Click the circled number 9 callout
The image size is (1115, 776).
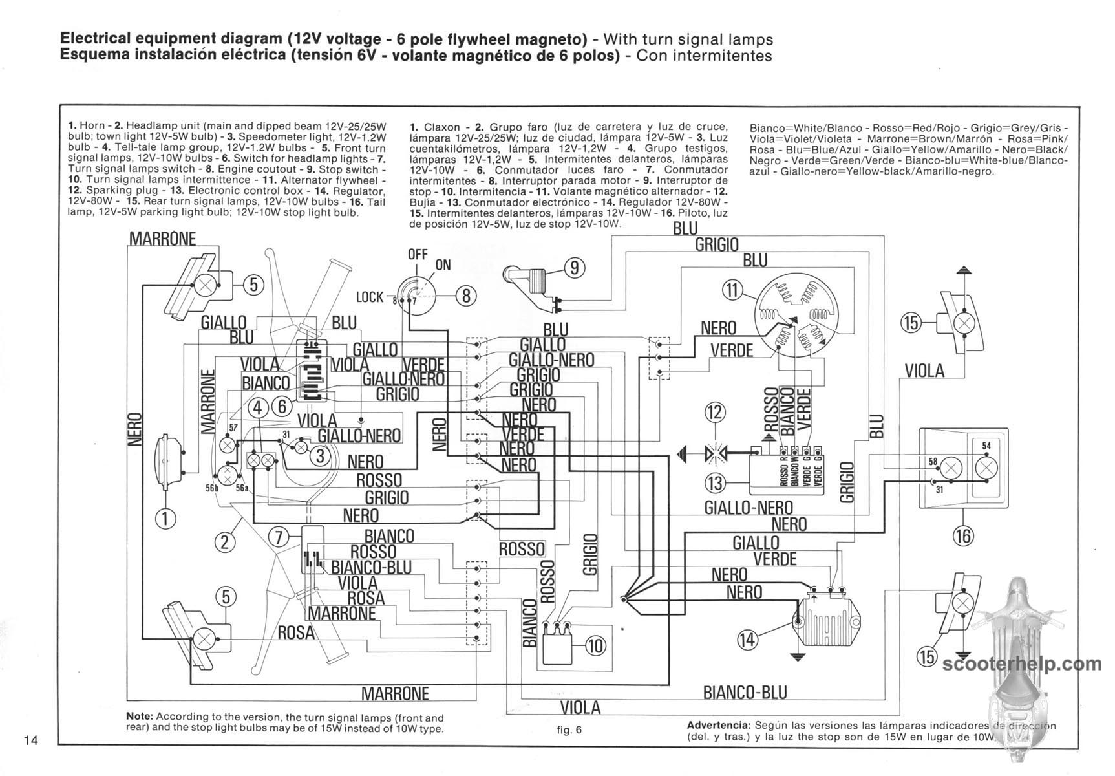tap(574, 267)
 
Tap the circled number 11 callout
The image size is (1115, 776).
tap(732, 290)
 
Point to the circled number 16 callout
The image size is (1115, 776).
tap(963, 535)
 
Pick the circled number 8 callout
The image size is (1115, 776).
tap(466, 296)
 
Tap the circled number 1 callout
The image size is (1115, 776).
tap(165, 518)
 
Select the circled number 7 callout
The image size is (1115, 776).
tap(279, 537)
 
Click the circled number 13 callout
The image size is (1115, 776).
tap(716, 482)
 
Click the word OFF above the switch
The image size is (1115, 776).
tap(418, 254)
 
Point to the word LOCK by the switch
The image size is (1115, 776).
tap(370, 297)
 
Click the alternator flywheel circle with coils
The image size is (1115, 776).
tap(793, 315)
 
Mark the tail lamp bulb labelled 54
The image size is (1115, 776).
tap(986, 467)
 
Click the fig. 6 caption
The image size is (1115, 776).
tap(569, 730)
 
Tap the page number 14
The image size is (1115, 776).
tap(32, 740)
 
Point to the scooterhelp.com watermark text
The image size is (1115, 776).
tap(1022, 663)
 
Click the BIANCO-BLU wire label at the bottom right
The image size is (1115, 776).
tap(745, 693)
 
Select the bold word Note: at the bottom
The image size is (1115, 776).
tap(140, 717)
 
